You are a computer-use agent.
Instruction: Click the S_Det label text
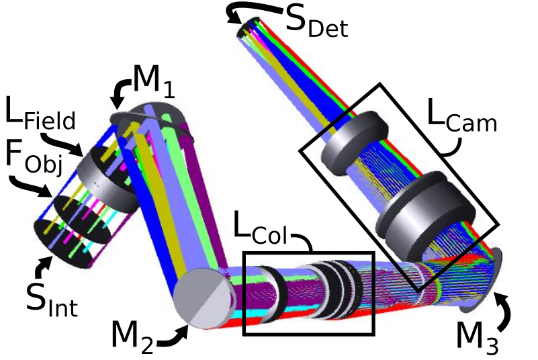click(x=316, y=20)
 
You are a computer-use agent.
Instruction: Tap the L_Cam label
click(x=462, y=115)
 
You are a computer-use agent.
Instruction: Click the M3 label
click(x=478, y=339)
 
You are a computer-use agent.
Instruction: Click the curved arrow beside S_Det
click(x=254, y=11)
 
